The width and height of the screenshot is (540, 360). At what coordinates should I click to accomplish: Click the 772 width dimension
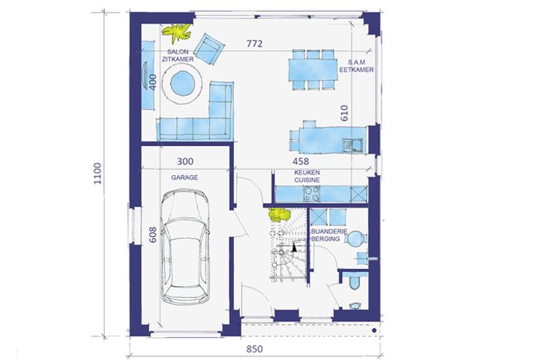[x=255, y=44]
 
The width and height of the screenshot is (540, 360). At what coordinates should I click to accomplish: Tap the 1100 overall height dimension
[x=98, y=174]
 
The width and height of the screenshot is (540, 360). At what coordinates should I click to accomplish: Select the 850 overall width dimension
[x=255, y=349]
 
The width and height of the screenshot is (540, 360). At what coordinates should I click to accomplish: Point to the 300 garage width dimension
[x=186, y=161]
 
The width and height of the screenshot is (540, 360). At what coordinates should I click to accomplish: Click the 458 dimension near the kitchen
[x=301, y=161]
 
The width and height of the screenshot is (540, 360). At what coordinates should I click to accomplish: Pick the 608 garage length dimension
[x=153, y=235]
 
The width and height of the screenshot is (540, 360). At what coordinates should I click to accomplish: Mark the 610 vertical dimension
[x=344, y=113]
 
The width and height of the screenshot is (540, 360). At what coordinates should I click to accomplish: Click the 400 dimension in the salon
[x=153, y=81]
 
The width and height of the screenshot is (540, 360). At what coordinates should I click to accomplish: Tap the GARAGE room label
[x=185, y=177]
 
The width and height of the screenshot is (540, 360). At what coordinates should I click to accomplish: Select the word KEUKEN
[x=307, y=172]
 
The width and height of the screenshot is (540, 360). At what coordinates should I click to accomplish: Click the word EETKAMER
[x=357, y=70]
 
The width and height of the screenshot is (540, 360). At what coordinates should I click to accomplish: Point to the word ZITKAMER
[x=178, y=59]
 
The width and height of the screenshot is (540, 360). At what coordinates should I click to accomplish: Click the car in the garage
[x=185, y=246]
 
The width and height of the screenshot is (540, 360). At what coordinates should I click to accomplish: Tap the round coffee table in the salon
[x=182, y=84]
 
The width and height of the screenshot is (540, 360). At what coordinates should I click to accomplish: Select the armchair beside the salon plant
[x=208, y=48]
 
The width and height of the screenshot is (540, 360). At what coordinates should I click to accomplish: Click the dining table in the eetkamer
[x=313, y=70]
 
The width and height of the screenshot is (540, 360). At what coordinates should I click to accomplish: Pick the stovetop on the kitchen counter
[x=312, y=194]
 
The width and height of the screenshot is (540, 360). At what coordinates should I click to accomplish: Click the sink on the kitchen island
[x=352, y=145]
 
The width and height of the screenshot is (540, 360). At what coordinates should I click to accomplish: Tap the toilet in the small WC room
[x=354, y=282]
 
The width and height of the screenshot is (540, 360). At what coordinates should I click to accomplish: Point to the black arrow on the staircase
[x=294, y=247]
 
